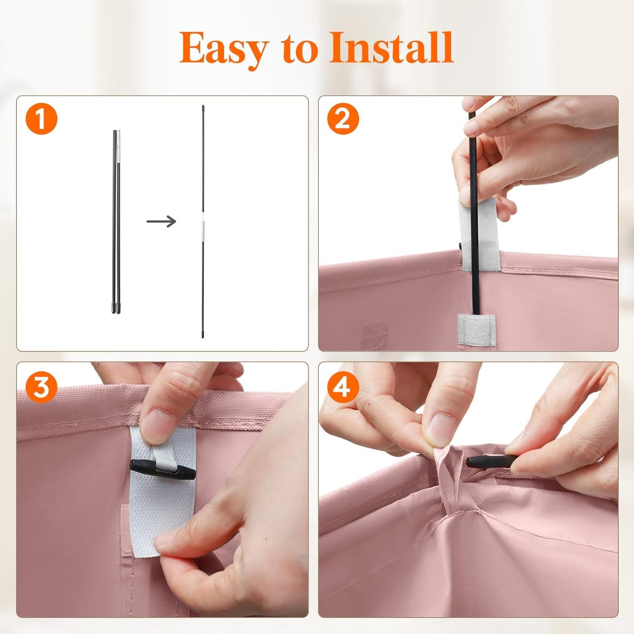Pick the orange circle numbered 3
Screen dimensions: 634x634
(x=41, y=387)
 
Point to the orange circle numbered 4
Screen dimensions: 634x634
(x=343, y=387)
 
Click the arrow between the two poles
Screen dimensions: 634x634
(x=161, y=221)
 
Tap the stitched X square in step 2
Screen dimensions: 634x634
(x=375, y=334)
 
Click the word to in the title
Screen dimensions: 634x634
(x=298, y=50)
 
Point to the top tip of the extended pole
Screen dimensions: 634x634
(x=203, y=107)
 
